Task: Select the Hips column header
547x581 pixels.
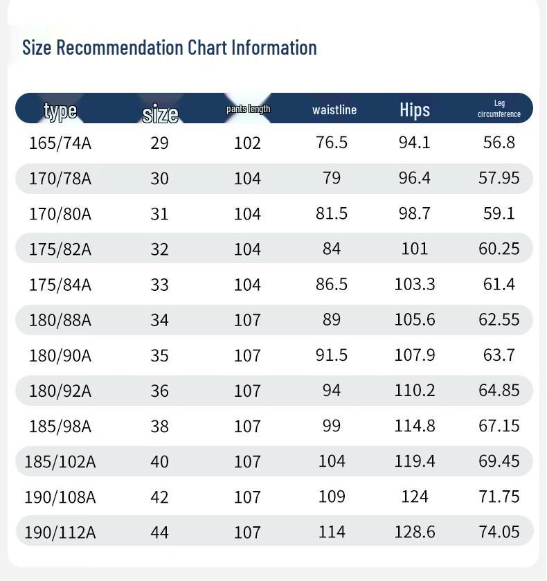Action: click(415, 109)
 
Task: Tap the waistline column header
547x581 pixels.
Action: click(334, 109)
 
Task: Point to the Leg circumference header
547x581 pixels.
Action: click(499, 109)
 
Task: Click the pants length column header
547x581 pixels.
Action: click(248, 109)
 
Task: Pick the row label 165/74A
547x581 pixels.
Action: click(60, 143)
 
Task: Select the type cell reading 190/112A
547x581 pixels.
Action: click(60, 532)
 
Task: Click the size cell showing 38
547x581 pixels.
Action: click(159, 425)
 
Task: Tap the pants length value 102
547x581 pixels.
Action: click(247, 143)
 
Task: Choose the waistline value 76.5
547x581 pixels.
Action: click(332, 142)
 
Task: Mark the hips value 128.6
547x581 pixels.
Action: click(415, 531)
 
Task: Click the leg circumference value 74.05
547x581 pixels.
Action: click(499, 531)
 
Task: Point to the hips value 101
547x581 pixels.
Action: click(415, 248)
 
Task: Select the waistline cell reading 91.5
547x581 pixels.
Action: click(332, 355)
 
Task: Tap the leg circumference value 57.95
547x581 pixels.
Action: click(499, 177)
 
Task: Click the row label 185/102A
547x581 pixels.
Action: click(60, 461)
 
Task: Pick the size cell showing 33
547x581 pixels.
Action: click(159, 284)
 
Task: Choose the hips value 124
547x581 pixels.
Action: click(415, 496)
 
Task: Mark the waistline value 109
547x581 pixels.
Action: click(332, 496)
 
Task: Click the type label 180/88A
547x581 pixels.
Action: click(60, 319)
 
